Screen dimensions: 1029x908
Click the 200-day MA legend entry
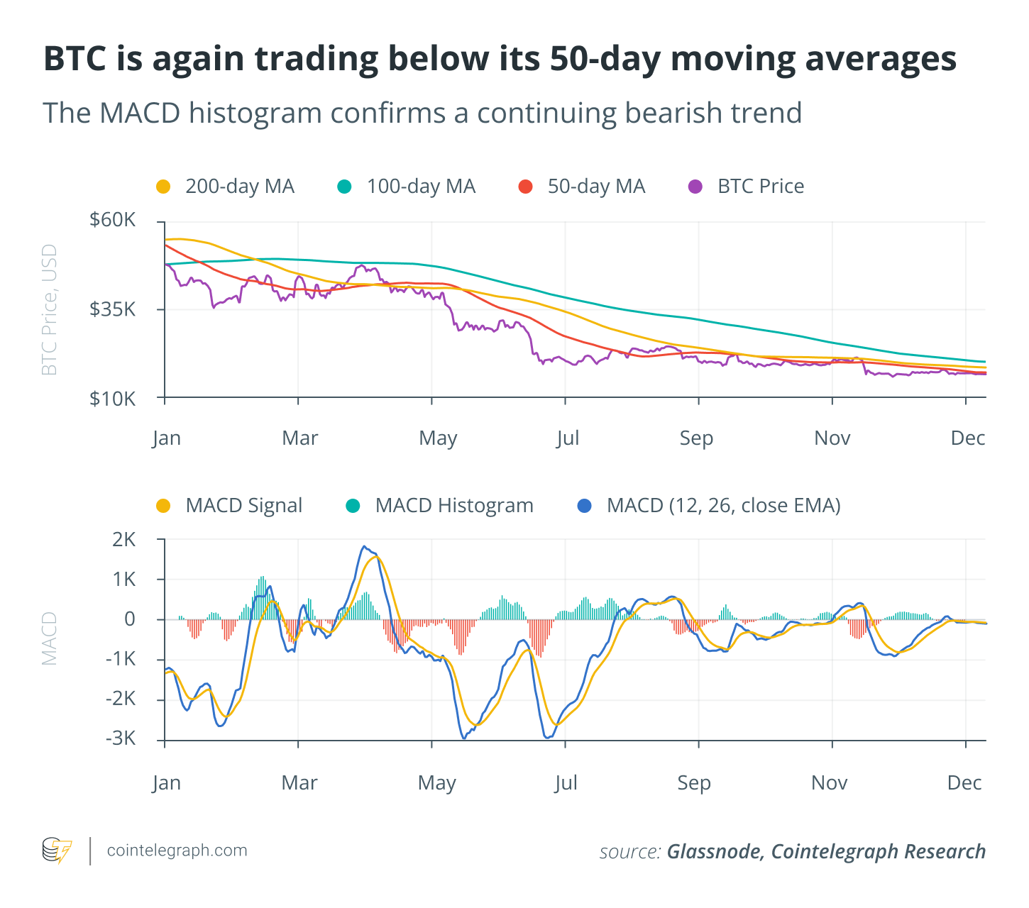coord(225,187)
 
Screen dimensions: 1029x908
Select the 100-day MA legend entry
coord(407,187)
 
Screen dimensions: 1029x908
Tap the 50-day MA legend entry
coord(581,187)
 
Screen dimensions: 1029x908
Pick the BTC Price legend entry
coord(746,187)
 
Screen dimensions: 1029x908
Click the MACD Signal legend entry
coord(229,506)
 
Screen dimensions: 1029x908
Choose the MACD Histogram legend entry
coord(439,506)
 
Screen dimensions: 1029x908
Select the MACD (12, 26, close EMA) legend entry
coord(709,506)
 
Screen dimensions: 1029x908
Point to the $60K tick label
coord(112,220)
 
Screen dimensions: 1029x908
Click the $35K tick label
coord(112,309)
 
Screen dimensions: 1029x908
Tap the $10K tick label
coord(112,399)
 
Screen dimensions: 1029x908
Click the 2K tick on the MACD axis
coord(123,539)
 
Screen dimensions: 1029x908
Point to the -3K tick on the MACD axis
coord(121,738)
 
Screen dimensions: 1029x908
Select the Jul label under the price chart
coord(567,438)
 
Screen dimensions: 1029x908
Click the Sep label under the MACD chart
coord(694,783)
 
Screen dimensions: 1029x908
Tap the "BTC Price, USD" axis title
coord(49,310)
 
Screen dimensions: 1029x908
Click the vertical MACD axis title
coord(49,638)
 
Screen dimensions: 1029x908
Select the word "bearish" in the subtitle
coord(666,113)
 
